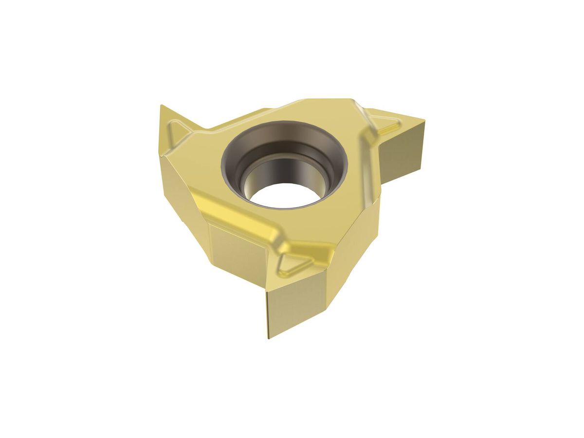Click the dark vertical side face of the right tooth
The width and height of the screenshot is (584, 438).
pos(403,151)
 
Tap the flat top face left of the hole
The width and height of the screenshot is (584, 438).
pos(200,165)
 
